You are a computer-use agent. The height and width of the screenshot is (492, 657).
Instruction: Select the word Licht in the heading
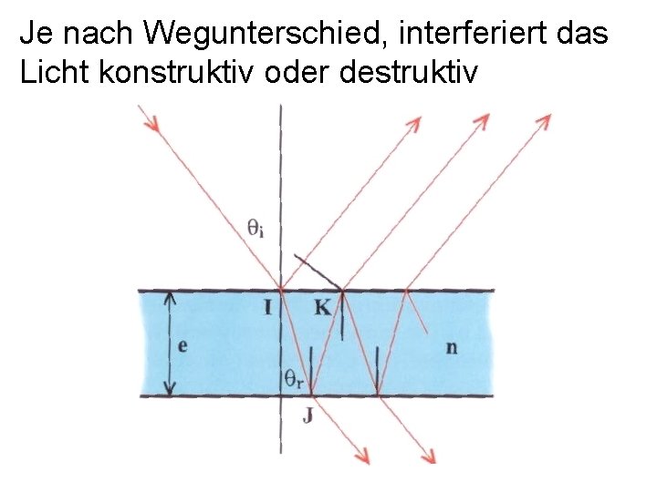tap(49, 75)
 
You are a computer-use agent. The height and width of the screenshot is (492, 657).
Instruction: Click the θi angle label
tap(256, 228)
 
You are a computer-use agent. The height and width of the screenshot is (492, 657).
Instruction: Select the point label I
tap(267, 308)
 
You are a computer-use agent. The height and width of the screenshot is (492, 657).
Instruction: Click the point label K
tap(322, 308)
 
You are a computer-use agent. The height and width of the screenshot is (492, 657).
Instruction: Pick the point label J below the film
tap(308, 418)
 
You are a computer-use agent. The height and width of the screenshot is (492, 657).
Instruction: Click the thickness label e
tap(183, 345)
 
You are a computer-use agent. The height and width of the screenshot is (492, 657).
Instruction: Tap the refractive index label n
tap(453, 346)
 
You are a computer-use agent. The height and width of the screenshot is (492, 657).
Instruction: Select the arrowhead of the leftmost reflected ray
tap(414, 123)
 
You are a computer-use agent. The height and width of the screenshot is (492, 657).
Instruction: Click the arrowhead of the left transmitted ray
tap(364, 457)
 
